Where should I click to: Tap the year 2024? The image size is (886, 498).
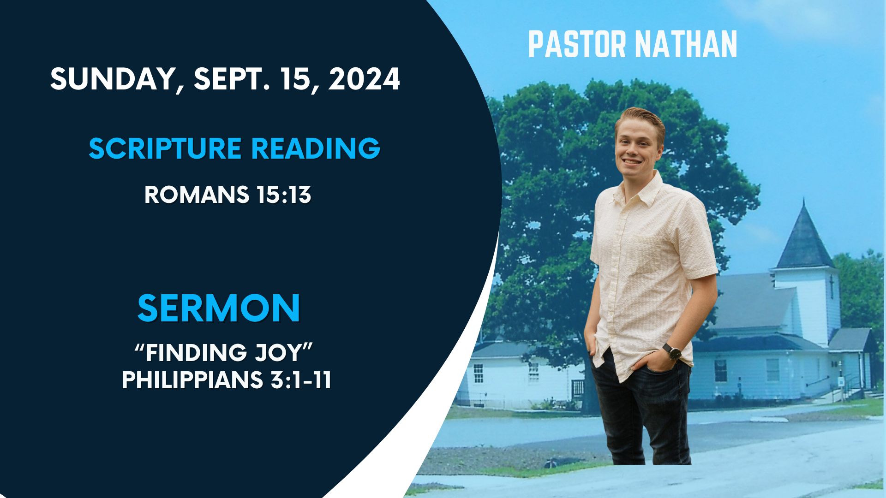point(365,79)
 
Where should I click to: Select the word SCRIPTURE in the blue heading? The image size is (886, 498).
point(165,148)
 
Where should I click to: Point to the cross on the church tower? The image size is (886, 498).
point(831,286)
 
